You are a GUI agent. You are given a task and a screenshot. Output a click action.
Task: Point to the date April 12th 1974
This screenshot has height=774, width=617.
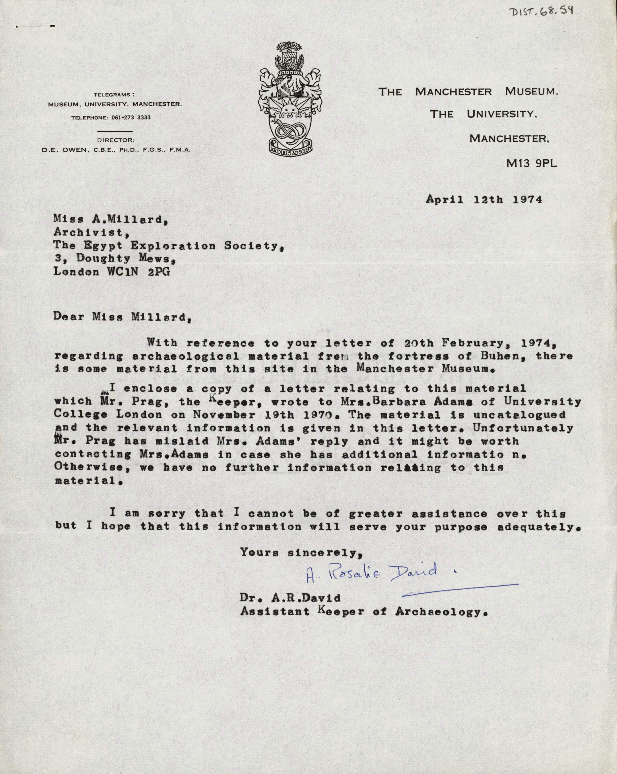pos(484,199)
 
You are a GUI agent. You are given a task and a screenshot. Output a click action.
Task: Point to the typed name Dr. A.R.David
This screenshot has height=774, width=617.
pos(290,598)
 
